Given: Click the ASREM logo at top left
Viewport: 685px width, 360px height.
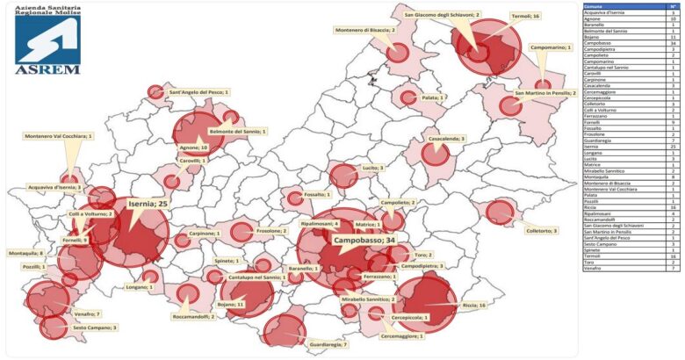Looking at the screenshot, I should [x=47, y=40].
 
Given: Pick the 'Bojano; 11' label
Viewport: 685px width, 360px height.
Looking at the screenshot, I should [x=231, y=303].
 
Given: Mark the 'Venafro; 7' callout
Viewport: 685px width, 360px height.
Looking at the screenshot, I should [x=87, y=313].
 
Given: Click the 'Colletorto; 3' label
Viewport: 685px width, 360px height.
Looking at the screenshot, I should [x=541, y=231].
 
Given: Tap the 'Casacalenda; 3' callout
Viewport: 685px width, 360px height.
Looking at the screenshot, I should [x=447, y=139].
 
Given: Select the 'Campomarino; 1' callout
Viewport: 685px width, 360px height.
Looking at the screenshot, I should [x=552, y=47].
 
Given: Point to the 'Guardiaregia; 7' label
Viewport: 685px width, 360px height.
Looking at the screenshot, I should [x=328, y=345].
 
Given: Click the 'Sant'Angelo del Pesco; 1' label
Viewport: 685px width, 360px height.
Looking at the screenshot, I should [x=198, y=91].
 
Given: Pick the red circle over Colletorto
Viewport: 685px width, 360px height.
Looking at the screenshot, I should [x=499, y=212].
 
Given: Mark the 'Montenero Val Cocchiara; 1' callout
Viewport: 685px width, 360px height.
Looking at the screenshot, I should [x=58, y=136].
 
